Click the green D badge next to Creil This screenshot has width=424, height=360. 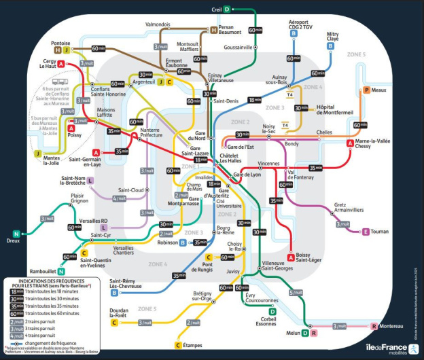pos(228,9)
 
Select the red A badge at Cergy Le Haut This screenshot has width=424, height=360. pos(62,64)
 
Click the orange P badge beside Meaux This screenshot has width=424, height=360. pos(367,90)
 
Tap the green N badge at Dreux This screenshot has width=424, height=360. pos(16,233)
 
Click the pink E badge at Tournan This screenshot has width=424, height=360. pos(366,232)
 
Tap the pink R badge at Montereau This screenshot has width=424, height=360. pos(373,327)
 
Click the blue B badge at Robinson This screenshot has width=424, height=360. pos(183,242)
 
